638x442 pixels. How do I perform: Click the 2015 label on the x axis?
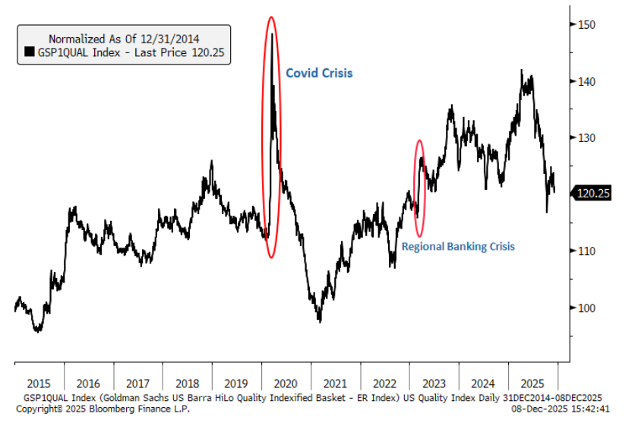(39, 384)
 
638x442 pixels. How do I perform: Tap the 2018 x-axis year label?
(187, 384)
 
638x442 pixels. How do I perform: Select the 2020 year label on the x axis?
(286, 384)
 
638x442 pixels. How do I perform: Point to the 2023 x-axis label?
(434, 384)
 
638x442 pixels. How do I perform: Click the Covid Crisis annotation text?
(319, 74)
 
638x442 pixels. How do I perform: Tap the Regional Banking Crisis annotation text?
(458, 246)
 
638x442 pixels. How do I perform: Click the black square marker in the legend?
(30, 52)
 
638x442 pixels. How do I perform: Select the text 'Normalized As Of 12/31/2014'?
(125, 37)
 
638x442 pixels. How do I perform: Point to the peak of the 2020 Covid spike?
(272, 33)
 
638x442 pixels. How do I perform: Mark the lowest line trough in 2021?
(320, 321)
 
